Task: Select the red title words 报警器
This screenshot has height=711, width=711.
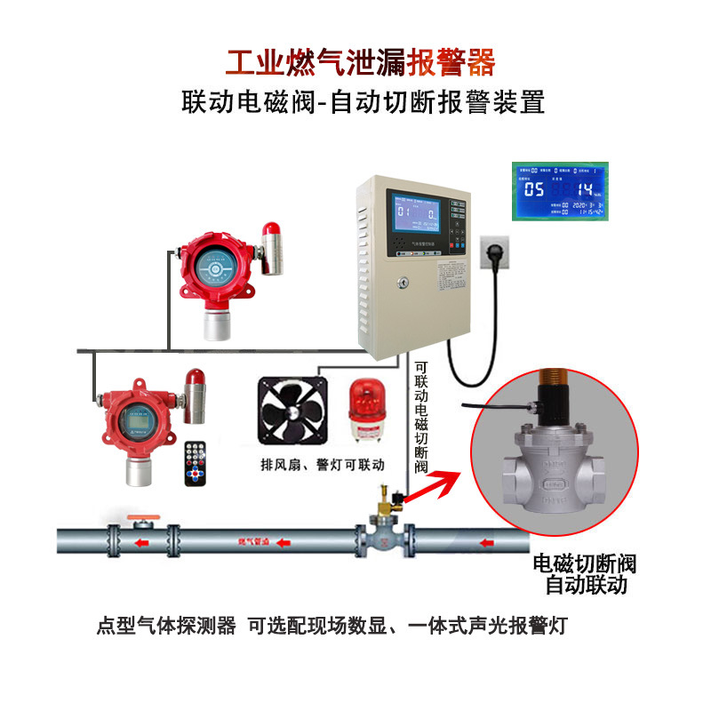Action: tap(451, 64)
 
